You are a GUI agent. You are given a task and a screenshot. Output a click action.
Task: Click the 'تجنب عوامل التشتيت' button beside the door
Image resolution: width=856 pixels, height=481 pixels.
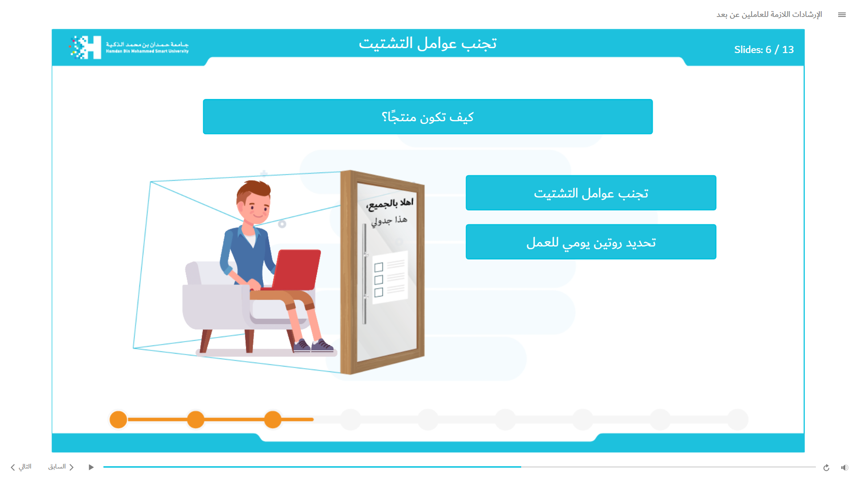[x=591, y=193]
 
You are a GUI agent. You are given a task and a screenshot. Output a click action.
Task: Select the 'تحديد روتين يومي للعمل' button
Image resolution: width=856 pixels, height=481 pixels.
[x=591, y=242]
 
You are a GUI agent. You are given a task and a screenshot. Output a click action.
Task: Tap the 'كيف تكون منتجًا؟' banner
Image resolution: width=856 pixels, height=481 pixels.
[x=428, y=116]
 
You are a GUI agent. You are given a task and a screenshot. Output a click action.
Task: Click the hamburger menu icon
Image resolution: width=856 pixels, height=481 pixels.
[x=842, y=15]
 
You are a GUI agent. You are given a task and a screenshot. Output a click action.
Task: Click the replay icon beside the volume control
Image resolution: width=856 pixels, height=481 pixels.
[x=826, y=467]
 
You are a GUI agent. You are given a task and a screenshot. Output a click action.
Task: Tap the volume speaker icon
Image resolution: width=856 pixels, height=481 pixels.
[x=844, y=467]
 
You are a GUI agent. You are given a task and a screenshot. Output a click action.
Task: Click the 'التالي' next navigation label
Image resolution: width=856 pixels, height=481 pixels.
[x=21, y=467]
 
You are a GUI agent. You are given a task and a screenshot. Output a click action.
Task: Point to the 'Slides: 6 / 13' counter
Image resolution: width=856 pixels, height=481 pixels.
[x=764, y=49]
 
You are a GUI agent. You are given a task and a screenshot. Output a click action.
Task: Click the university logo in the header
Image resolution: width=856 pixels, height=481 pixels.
[x=129, y=47]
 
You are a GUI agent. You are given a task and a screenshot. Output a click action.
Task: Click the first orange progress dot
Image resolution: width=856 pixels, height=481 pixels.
[x=118, y=419]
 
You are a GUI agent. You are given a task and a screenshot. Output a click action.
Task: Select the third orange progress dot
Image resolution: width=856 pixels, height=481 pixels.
[x=273, y=419]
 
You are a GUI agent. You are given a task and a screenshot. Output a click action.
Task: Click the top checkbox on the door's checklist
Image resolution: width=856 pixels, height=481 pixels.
[x=379, y=267]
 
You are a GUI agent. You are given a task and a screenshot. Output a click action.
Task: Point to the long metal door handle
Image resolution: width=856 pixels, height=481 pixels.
[x=364, y=274]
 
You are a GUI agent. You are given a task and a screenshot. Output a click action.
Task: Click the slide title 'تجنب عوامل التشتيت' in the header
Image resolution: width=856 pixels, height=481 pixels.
[x=428, y=43]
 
